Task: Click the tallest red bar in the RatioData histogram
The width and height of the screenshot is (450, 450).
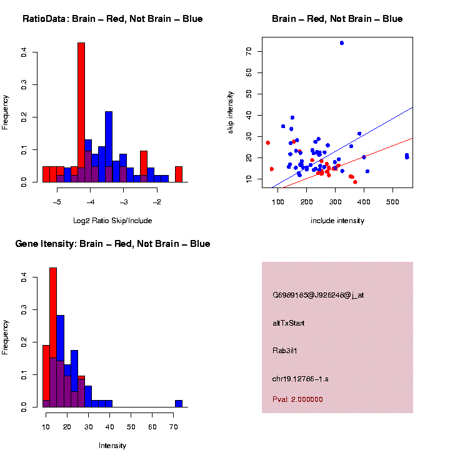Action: [81, 112]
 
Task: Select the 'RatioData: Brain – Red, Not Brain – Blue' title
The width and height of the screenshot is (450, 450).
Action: [112, 19]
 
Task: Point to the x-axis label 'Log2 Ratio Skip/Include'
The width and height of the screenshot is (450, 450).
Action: [112, 221]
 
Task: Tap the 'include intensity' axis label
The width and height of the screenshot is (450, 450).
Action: [337, 221]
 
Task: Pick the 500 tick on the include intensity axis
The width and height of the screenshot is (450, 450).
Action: [392, 202]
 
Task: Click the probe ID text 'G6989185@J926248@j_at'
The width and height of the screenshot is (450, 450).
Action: [318, 295]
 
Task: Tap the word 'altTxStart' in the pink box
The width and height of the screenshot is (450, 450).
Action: [289, 323]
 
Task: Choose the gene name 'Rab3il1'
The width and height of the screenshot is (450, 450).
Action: [286, 351]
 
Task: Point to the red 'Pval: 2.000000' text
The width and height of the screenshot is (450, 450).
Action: [297, 399]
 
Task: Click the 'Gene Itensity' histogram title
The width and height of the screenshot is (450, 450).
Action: [112, 244]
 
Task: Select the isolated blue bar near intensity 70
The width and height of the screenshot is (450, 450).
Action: [179, 404]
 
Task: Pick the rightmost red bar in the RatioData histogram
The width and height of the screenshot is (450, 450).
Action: [179, 174]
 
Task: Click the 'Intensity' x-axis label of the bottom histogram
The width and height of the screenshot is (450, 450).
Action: [112, 446]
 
